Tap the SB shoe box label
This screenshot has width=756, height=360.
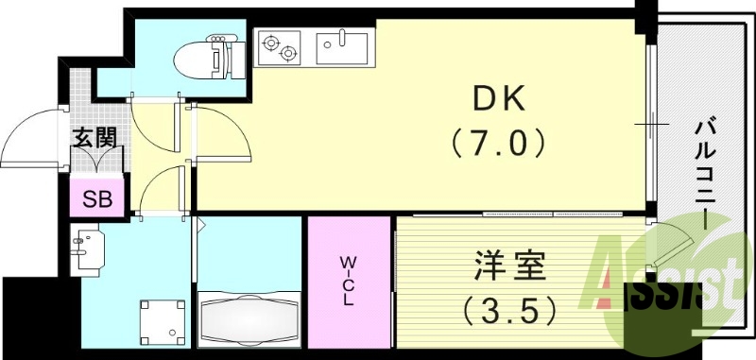[x=97, y=199]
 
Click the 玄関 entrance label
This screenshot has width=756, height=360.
[x=95, y=137]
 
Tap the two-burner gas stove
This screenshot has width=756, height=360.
[x=281, y=47]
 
